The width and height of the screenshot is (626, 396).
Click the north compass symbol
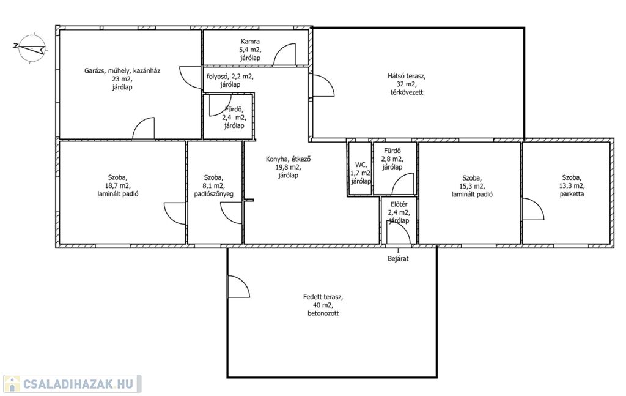point(31,48)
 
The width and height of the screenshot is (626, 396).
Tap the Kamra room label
point(250,50)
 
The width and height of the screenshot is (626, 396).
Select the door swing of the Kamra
point(285,54)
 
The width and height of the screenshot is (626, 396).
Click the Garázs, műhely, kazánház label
point(122,79)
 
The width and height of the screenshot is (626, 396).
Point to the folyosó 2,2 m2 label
point(230,80)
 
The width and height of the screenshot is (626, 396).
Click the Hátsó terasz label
point(407,84)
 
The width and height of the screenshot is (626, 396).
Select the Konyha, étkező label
point(289,167)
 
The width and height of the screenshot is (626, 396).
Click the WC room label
point(361,173)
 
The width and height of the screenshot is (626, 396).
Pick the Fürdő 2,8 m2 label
point(392,159)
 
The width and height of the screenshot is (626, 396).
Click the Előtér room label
point(399,212)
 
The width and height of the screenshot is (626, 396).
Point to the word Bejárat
point(398,258)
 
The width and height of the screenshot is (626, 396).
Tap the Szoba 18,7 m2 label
point(118,185)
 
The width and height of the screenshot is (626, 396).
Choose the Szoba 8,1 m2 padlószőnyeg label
point(213,186)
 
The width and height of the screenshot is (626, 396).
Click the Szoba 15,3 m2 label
point(472,186)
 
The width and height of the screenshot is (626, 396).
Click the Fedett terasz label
point(323,305)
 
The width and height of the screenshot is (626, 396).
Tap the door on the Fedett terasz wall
point(239,286)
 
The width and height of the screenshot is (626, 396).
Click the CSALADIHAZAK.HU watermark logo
point(72,384)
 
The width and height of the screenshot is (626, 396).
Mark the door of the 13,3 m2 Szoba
point(533,209)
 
